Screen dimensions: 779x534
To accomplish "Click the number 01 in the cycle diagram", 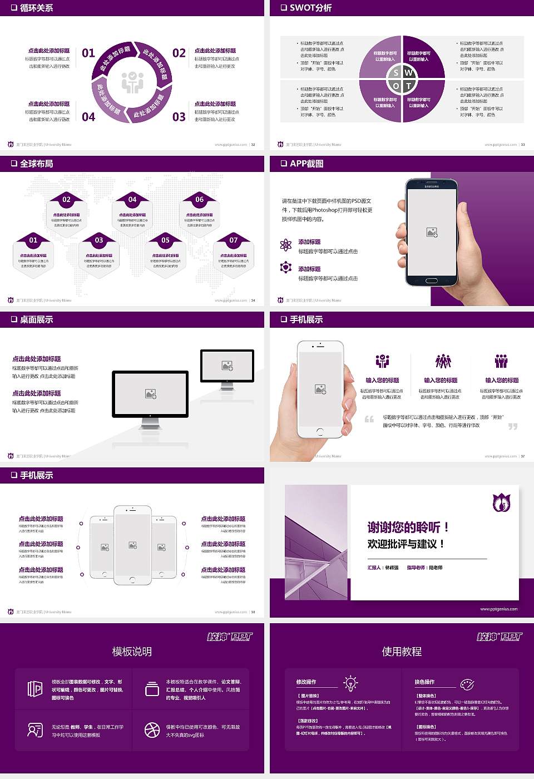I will click(88, 53).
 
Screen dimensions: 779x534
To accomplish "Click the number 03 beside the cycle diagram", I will click(179, 117).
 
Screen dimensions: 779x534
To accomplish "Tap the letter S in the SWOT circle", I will click(395, 72).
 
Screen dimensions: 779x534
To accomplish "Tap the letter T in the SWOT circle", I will click(409, 86).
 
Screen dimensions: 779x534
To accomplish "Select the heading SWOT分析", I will click(310, 8).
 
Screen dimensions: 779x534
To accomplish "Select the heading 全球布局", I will click(36, 164).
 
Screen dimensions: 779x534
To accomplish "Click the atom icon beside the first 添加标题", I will click(286, 245).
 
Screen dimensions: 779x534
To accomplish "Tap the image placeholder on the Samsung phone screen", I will click(432, 233).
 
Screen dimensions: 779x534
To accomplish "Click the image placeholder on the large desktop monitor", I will click(150, 393).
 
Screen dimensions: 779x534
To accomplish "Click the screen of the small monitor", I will click(227, 366).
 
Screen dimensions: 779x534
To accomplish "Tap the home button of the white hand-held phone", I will click(320, 431).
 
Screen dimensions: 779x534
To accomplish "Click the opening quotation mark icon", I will click(369, 419).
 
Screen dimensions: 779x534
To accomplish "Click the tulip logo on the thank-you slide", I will click(502, 502).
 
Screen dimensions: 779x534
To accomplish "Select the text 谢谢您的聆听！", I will click(408, 527).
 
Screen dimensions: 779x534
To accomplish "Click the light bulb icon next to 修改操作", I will click(350, 683).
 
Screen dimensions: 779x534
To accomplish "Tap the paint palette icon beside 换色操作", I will click(467, 683).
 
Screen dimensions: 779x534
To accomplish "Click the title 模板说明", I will click(132, 652).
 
